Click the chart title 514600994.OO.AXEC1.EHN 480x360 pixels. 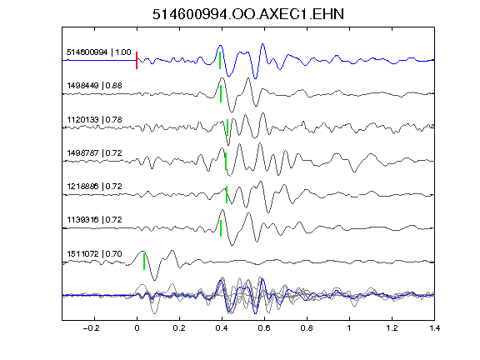[248, 14]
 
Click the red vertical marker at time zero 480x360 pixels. [137, 60]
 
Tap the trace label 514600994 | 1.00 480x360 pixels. [99, 52]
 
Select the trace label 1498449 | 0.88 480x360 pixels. [95, 85]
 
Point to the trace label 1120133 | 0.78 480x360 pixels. [95, 119]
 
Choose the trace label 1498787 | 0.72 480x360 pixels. [95, 152]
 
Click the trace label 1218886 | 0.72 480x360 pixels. [95, 186]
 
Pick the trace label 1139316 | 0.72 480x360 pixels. [95, 219]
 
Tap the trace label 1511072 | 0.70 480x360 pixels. [95, 254]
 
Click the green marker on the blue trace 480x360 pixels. [220, 60]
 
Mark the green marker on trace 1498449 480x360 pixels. [221, 93]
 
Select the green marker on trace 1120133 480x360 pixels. [227, 127]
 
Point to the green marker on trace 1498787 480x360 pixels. [226, 161]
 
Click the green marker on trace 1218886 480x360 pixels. [227, 194]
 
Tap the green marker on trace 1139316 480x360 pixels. [221, 228]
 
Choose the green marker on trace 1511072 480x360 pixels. [144, 262]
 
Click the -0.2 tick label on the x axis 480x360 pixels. [91, 328]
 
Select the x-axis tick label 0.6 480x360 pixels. [264, 328]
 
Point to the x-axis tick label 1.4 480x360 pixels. [435, 328]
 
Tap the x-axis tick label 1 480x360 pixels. [349, 328]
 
